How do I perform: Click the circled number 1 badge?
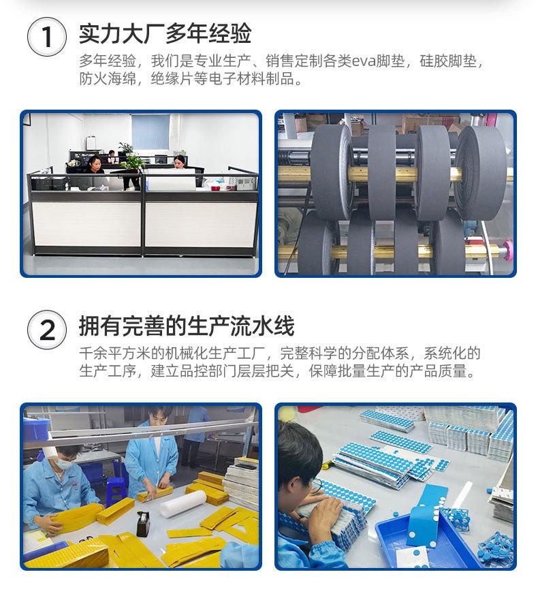47,37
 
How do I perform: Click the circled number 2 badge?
47,330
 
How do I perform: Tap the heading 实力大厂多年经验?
165,33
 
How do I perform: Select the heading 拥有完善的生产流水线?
187,326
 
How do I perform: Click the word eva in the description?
363,61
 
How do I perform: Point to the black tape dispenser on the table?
143,524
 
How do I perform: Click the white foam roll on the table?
183,503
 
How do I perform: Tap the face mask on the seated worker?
63,463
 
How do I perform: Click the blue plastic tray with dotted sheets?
426,539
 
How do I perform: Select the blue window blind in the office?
151,132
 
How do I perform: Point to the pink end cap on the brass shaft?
507,249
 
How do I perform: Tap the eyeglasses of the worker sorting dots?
317,484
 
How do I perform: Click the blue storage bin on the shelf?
37,428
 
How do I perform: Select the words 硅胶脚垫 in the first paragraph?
448,61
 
